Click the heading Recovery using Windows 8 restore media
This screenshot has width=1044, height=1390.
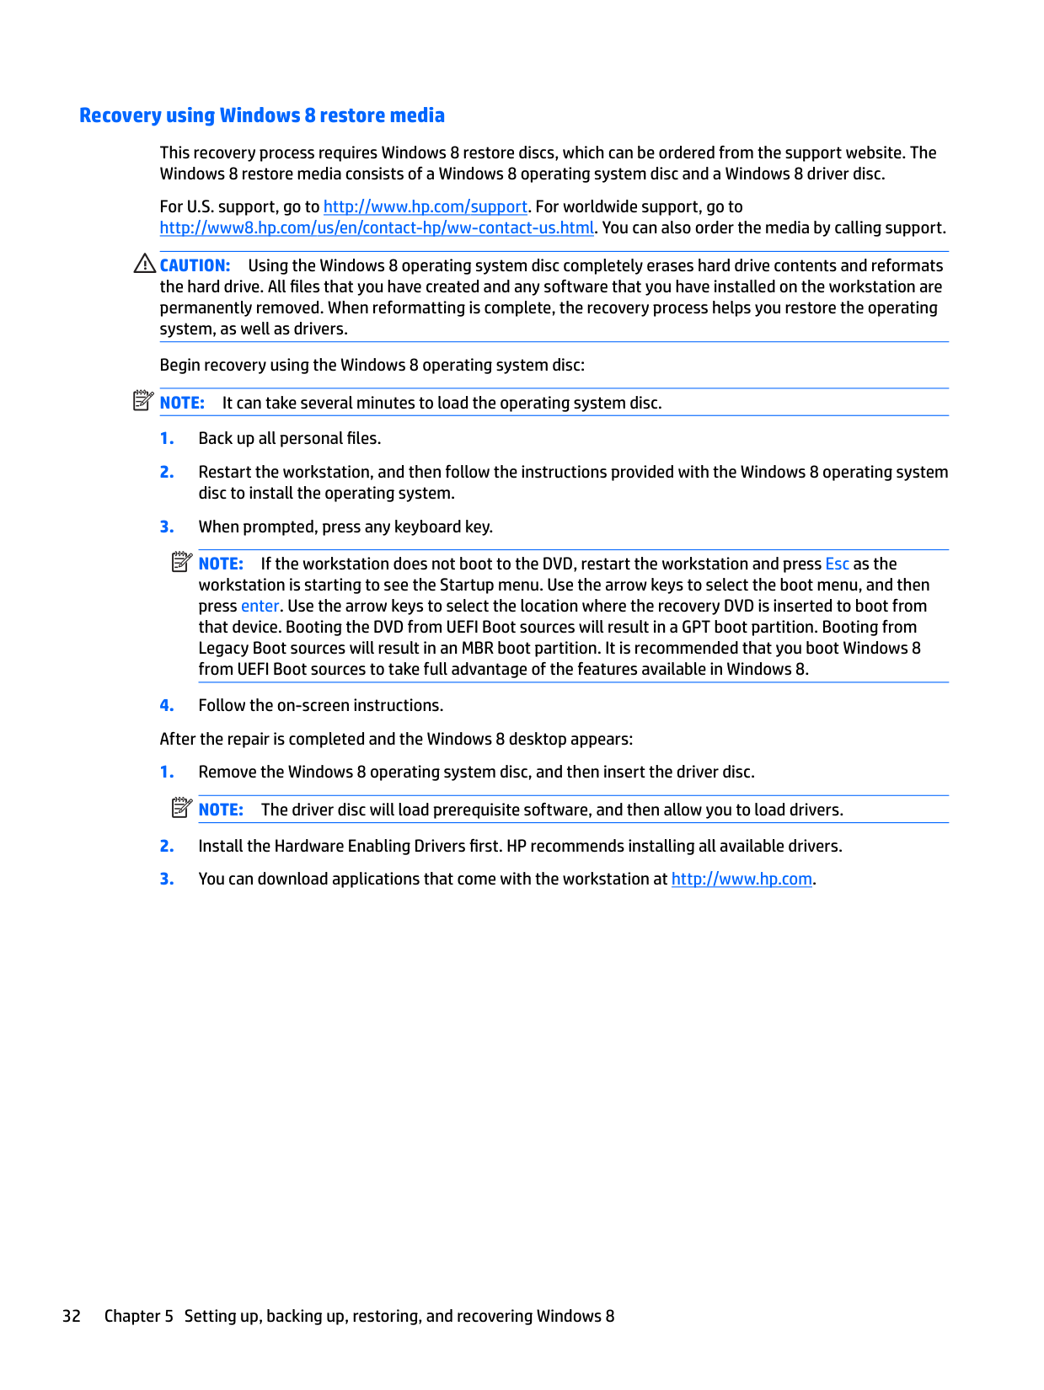point(261,115)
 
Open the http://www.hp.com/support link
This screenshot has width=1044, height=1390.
point(425,206)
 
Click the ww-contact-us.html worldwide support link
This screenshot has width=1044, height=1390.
point(377,227)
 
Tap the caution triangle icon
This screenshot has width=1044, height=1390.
point(144,264)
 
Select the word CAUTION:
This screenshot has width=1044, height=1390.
point(195,265)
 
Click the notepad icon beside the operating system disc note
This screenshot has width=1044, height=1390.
point(143,401)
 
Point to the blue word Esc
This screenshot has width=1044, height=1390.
point(837,564)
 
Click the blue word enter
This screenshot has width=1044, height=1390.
point(260,606)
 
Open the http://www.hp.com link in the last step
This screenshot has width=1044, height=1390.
point(742,879)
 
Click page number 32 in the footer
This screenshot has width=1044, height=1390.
point(72,1316)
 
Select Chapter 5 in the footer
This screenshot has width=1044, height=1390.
point(138,1316)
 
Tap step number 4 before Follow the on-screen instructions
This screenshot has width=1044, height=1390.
point(167,705)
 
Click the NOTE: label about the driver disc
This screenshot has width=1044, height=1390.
point(221,810)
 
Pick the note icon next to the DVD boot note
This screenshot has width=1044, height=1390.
point(182,562)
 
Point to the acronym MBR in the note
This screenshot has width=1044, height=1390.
point(477,648)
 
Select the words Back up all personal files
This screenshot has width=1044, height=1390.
point(289,438)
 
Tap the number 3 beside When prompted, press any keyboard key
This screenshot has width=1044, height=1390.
point(167,527)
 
